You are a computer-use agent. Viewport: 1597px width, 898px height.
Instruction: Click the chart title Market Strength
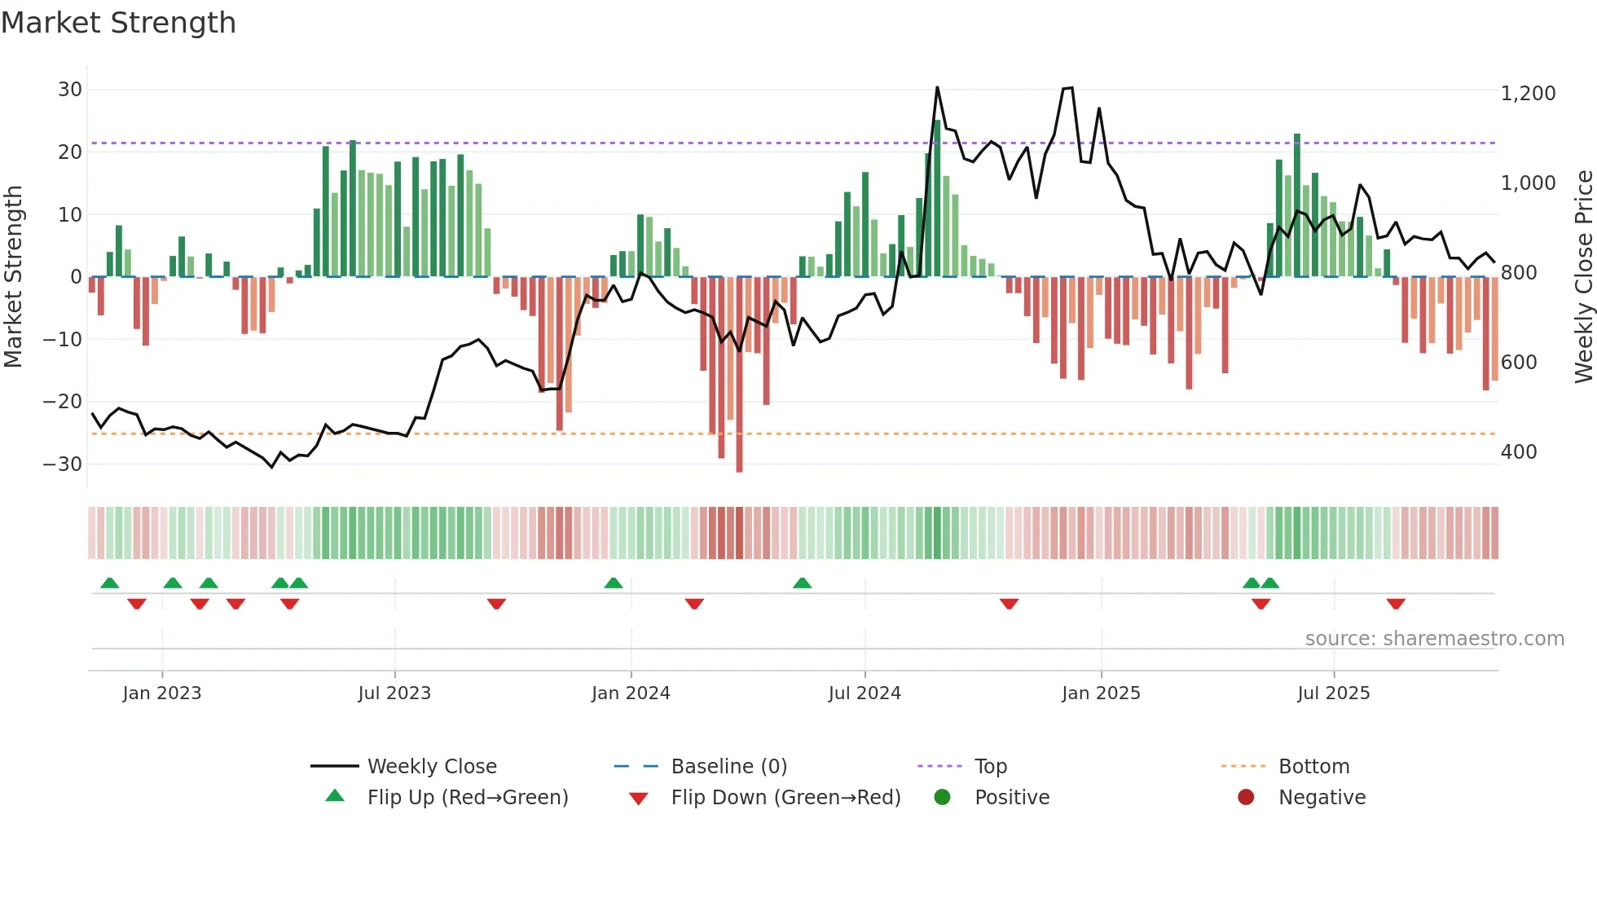tap(118, 23)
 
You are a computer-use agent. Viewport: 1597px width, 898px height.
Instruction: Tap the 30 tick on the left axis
tap(70, 90)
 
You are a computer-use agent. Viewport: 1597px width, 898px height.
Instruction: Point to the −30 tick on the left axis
tap(63, 464)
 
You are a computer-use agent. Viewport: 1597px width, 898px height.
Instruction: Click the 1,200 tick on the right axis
tap(1528, 94)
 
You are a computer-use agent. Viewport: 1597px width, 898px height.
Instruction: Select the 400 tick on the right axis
tap(1519, 452)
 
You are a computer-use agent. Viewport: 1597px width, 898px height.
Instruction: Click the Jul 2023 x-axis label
tap(394, 693)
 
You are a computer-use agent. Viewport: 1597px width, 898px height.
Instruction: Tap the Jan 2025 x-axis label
tap(1101, 693)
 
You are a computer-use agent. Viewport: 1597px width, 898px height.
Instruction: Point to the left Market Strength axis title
tap(13, 277)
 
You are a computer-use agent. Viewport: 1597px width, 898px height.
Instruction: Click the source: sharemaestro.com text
tap(1434, 639)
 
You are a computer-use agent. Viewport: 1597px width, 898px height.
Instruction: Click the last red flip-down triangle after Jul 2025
tap(1396, 604)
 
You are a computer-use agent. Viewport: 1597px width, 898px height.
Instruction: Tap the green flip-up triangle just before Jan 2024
tap(614, 583)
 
